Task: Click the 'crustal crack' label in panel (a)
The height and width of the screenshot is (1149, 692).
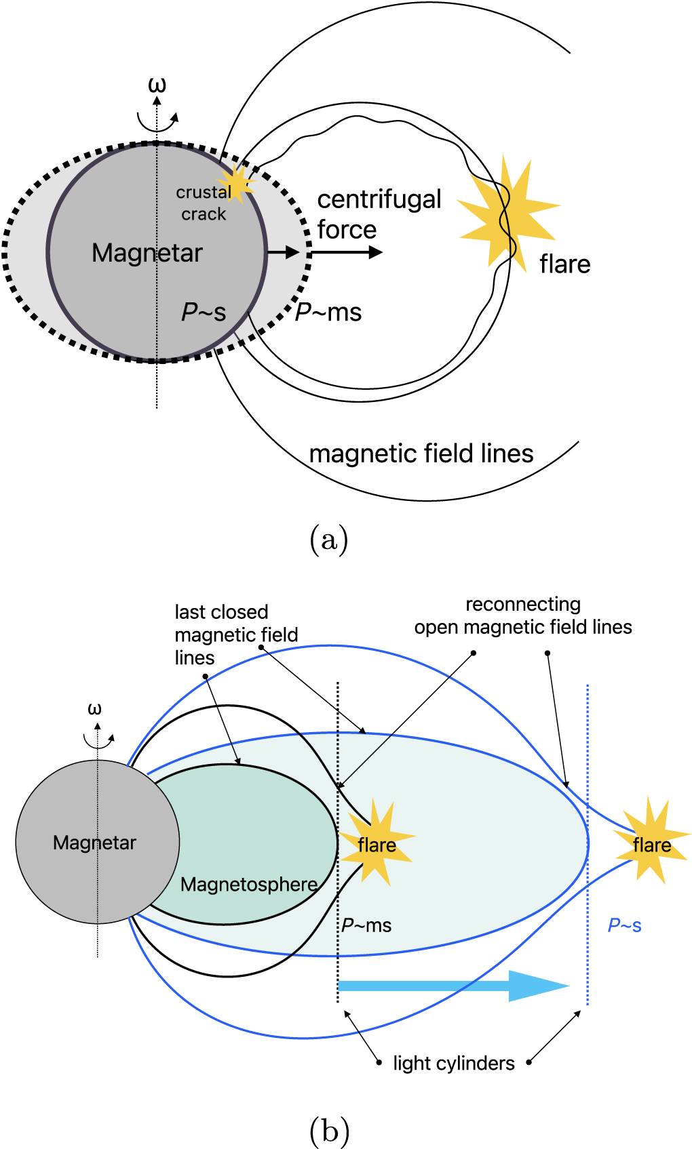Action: pos(204,203)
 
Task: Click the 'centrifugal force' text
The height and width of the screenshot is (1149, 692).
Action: pos(379,214)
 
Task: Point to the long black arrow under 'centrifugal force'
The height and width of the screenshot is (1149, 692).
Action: pos(346,252)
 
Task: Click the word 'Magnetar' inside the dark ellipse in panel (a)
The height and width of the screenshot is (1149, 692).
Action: pos(147,253)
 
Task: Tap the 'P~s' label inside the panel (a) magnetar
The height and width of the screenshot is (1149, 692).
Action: pos(204,312)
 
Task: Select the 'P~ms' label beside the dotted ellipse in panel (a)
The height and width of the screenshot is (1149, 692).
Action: pos(328,312)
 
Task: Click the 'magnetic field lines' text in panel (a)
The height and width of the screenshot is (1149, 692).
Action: pos(421,453)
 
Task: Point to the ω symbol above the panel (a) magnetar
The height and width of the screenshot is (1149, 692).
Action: pos(157,85)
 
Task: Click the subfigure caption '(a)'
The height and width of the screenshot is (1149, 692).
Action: pos(329,540)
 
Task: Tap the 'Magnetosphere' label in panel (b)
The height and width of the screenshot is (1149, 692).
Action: pos(249,885)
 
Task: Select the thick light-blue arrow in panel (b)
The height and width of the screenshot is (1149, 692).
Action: pos(451,986)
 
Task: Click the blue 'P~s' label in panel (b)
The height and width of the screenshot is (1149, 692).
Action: pos(624,925)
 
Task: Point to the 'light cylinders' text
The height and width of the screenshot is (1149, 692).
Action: pos(454,1063)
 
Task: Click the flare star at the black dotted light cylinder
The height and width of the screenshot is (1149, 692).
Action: pos(377,844)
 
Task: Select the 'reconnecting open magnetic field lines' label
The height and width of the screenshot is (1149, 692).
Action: pos(523,616)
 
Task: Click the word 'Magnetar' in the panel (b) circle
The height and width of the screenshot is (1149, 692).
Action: pos(94,843)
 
